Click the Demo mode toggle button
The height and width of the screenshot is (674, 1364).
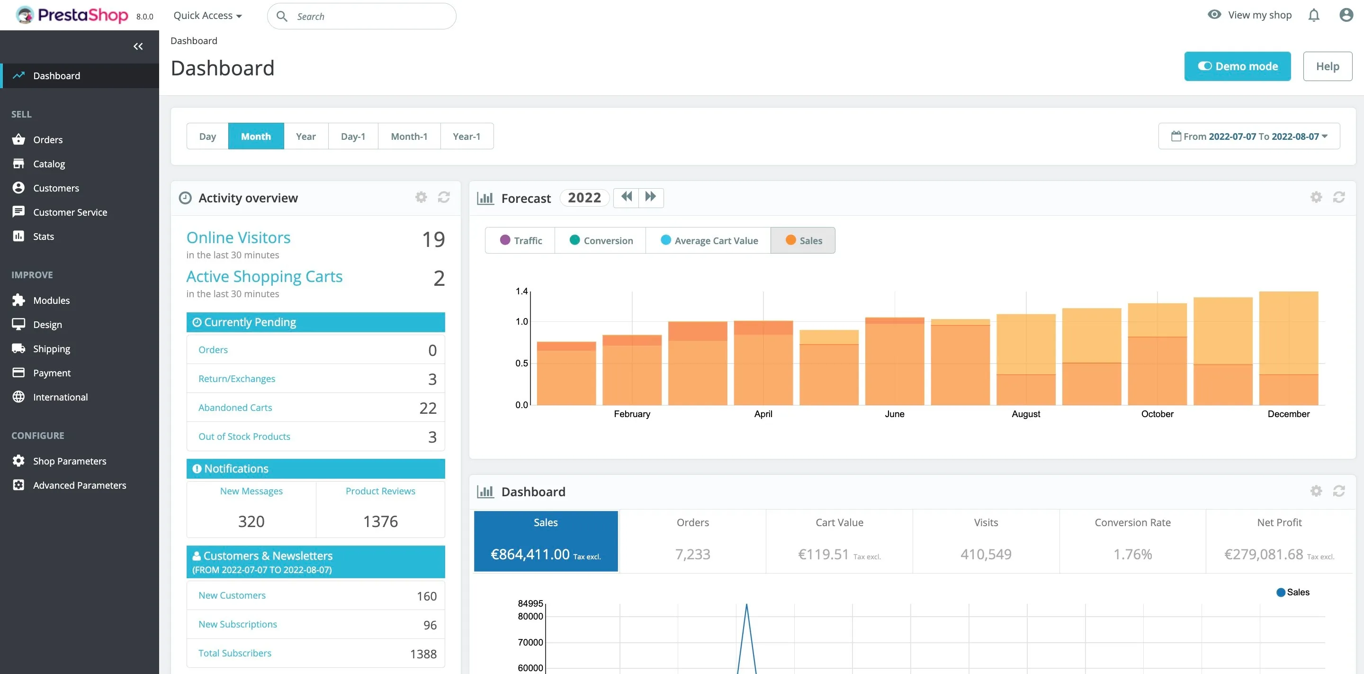click(x=1237, y=66)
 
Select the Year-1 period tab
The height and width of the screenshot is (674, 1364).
click(x=466, y=136)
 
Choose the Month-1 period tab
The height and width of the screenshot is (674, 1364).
click(x=409, y=136)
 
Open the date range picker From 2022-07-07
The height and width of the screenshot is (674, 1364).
click(x=1248, y=136)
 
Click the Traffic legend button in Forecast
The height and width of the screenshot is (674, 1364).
click(x=520, y=241)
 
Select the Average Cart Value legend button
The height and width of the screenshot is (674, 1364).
click(x=709, y=241)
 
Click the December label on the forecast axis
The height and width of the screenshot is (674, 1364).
click(x=1288, y=414)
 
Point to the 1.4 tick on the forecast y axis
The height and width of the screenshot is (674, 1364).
click(x=521, y=291)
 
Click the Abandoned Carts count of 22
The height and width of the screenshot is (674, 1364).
click(x=428, y=408)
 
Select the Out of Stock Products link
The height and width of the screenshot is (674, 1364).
click(x=244, y=437)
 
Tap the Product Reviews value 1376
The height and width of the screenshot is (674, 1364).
click(x=380, y=521)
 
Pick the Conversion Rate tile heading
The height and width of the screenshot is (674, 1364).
click(x=1132, y=522)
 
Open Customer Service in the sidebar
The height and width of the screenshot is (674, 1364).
click(x=70, y=212)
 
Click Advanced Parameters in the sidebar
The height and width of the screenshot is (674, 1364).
click(x=80, y=485)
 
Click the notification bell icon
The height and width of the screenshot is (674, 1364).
click(x=1313, y=15)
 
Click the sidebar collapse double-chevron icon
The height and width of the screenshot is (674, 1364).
click(x=138, y=46)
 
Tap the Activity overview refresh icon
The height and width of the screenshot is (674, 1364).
click(x=444, y=197)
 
